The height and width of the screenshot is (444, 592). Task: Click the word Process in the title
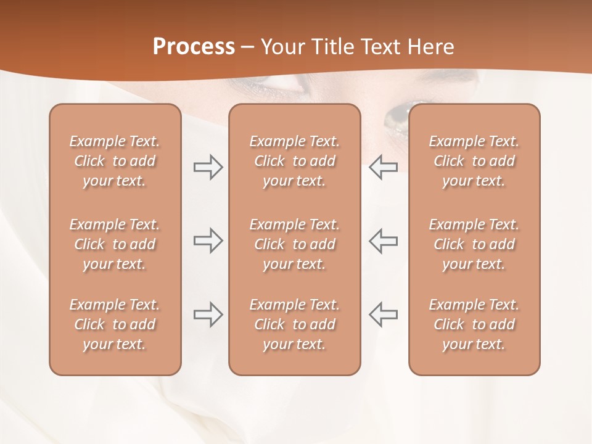coord(194,47)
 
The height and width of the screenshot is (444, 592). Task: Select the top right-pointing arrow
coord(208,167)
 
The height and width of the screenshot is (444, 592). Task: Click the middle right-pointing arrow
coord(208,240)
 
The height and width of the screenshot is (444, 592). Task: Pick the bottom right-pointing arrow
coord(208,314)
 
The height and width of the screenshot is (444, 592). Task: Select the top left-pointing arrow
coord(383,167)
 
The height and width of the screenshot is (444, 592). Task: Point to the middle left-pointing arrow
coord(383,240)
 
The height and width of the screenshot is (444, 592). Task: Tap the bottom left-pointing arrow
coord(383,314)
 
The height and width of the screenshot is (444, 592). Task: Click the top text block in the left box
coord(115,161)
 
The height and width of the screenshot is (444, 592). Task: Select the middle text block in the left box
coord(115,244)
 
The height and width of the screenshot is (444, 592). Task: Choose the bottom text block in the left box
coord(115,324)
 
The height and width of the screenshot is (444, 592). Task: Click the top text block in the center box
coord(294,161)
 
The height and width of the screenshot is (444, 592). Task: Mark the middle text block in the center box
coord(294,244)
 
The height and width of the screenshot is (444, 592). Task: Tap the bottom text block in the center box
coord(294,324)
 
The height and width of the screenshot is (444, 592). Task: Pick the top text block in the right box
coord(474,161)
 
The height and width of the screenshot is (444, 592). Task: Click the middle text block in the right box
coord(474,244)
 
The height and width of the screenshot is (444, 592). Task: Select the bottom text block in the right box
coord(474,324)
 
